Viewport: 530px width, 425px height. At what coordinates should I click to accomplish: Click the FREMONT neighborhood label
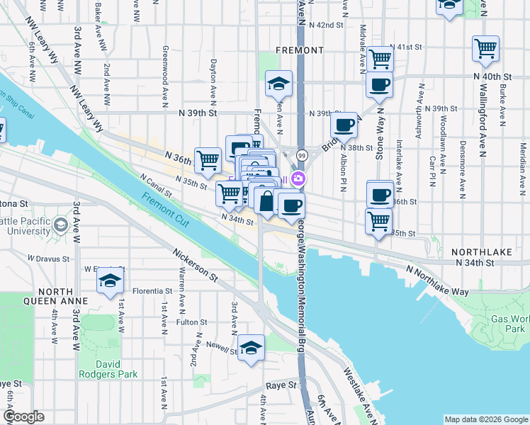point(300,51)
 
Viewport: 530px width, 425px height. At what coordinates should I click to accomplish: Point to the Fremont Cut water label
point(165,210)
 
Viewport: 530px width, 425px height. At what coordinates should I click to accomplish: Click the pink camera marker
point(299,178)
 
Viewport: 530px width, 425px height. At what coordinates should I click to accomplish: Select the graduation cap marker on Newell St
point(251,348)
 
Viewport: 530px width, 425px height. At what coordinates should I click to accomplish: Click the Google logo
point(23,416)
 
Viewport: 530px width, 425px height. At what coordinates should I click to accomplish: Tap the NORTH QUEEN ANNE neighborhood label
point(43,296)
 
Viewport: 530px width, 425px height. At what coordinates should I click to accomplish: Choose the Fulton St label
point(191,322)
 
